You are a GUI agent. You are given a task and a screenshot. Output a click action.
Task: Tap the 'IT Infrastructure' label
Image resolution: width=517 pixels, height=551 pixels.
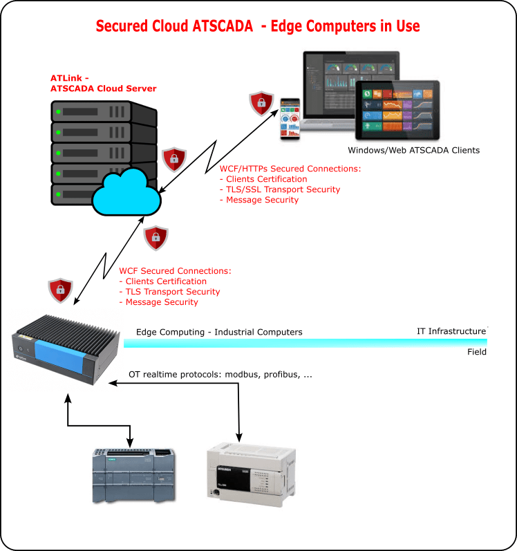pyautogui.click(x=451, y=332)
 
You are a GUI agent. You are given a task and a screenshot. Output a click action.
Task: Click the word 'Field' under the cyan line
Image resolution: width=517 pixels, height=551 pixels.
pyautogui.click(x=476, y=352)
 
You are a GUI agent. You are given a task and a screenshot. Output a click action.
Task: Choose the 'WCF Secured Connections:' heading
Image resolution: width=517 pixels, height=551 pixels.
pyautogui.click(x=175, y=271)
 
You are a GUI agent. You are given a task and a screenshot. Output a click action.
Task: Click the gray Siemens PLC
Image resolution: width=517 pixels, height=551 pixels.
pyautogui.click(x=134, y=475)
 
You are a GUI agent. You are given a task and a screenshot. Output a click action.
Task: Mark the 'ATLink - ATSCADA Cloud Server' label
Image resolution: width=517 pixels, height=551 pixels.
pyautogui.click(x=103, y=83)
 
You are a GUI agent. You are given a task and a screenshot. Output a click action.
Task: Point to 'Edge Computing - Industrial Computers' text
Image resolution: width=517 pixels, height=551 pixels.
pyautogui.click(x=219, y=332)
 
